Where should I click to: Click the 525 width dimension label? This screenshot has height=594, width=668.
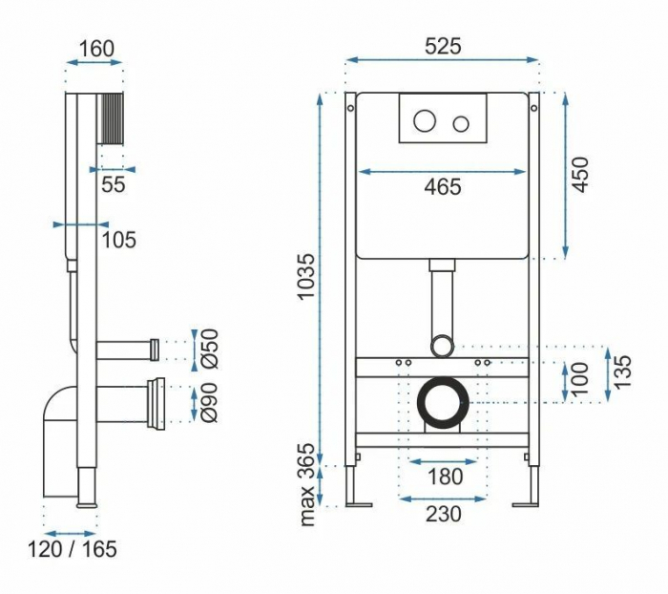(x=443, y=46)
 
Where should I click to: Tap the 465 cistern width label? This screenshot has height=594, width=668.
(x=443, y=187)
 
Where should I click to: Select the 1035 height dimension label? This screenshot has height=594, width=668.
(x=306, y=277)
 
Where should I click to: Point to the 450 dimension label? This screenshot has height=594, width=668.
(x=580, y=175)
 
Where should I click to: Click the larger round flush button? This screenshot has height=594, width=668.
(x=425, y=120)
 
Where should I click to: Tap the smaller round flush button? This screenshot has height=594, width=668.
(x=461, y=123)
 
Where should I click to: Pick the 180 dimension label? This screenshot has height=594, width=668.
(x=445, y=477)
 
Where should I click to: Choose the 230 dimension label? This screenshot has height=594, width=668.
(x=443, y=514)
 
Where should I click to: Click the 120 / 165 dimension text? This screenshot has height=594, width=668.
(x=73, y=549)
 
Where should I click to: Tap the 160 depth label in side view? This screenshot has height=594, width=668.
(x=97, y=49)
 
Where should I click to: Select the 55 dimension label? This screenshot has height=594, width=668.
(x=114, y=184)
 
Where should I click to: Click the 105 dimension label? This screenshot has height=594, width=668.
(x=119, y=240)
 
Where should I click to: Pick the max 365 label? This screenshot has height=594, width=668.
(x=307, y=485)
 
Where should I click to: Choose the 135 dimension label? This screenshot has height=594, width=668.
(x=622, y=371)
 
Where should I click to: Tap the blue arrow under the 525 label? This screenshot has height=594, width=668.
(x=443, y=60)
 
